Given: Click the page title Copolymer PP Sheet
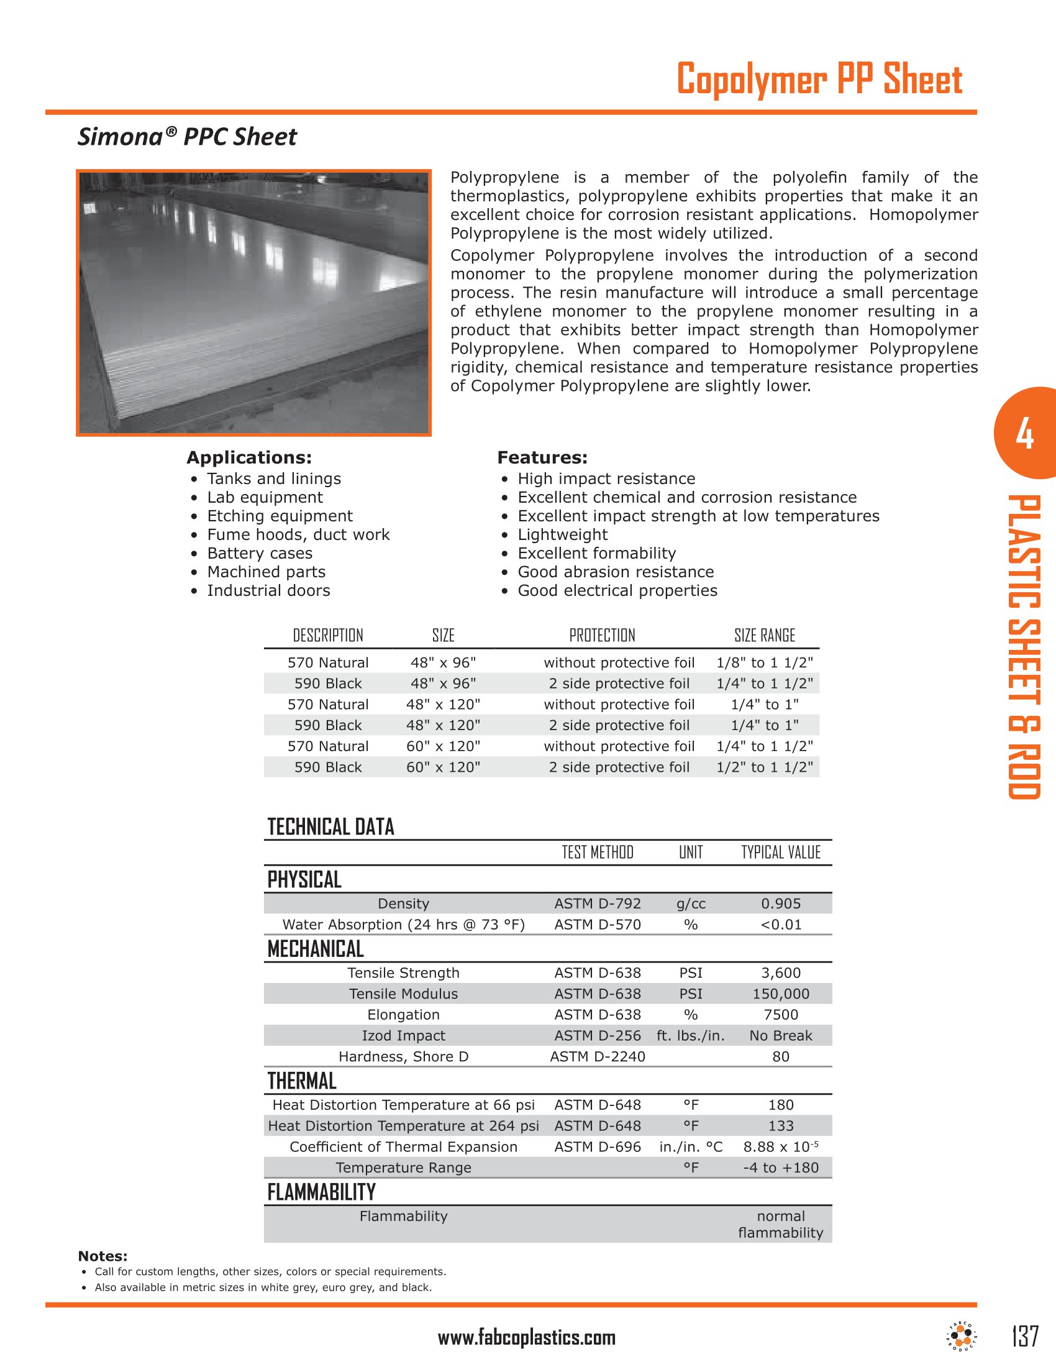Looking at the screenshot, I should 819,80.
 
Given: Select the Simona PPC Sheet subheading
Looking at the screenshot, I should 187,137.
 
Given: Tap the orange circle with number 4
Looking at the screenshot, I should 1024,434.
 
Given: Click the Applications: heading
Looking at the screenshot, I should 249,457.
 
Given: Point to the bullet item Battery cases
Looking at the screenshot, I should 260,553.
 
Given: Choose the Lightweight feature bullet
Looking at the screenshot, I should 562,534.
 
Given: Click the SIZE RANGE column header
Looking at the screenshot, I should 765,635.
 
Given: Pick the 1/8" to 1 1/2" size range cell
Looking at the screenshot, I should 765,663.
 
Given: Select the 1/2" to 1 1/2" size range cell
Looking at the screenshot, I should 765,767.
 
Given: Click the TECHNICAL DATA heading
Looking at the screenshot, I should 331,827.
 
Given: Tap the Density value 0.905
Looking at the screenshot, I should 781,904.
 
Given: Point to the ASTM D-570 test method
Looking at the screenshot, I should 598,925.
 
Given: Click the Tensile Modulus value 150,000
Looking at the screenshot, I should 781,994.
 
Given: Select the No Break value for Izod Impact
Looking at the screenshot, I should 781,1036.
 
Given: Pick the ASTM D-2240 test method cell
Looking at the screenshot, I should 598,1056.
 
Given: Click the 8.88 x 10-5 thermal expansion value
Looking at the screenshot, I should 781,1146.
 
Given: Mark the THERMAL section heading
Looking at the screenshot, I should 302,1081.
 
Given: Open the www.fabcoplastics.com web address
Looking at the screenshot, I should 527,1338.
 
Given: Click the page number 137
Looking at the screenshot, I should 1025,1336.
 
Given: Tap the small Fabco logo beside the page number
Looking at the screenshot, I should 962,1337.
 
